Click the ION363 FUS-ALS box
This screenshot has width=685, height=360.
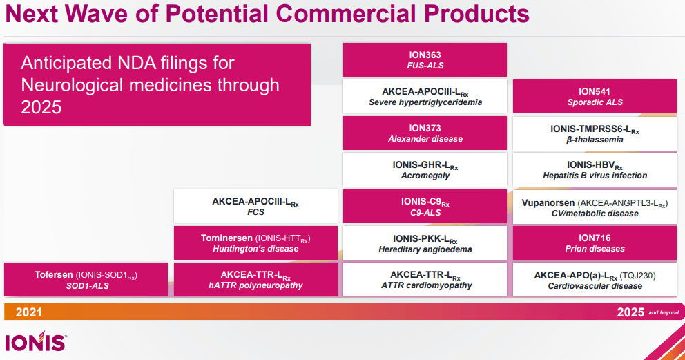coord(425,60)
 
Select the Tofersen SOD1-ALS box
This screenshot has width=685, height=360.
coord(86,280)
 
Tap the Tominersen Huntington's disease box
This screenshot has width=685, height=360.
coord(255,243)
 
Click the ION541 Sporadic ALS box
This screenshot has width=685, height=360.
coord(595,97)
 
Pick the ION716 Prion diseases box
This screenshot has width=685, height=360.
coord(595,243)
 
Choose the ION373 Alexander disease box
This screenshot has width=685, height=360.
coord(425,133)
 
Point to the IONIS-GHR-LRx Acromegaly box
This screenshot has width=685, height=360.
coord(425,170)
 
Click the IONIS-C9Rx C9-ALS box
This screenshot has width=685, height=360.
coord(425,207)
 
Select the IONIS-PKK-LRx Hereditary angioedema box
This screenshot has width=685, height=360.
coord(425,243)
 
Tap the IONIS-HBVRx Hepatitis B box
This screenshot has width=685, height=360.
coord(595,170)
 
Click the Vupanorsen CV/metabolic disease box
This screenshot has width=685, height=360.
coord(595,207)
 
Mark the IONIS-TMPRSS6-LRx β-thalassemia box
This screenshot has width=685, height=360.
coord(595,133)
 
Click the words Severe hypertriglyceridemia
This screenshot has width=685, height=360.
coord(425,102)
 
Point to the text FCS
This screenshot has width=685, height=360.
coord(255,213)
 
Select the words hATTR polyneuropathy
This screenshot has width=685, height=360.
coord(255,285)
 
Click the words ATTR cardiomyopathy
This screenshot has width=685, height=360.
coord(425,285)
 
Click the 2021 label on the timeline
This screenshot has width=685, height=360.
coord(28,312)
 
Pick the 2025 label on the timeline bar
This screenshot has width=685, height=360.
coord(630,312)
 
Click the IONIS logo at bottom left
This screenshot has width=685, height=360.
coord(35,343)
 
